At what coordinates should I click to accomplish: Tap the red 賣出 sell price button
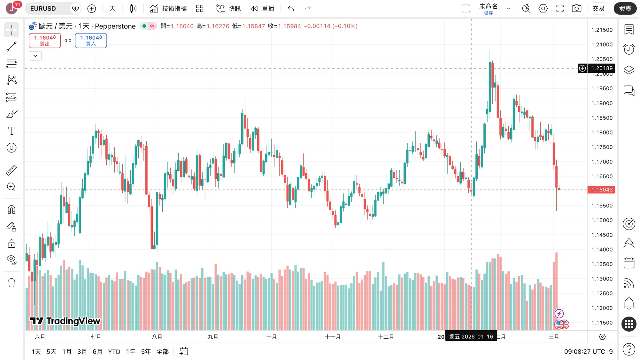point(45,41)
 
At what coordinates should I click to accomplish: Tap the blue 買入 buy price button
point(91,41)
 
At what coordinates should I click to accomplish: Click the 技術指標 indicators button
point(168,9)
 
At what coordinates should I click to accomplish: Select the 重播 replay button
point(263,9)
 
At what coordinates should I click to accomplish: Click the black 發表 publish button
point(625,9)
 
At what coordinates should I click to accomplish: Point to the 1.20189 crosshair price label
point(602,68)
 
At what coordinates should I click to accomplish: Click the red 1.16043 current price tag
point(602,190)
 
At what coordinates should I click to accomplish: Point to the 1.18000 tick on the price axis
point(602,132)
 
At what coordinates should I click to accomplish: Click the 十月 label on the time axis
point(271,337)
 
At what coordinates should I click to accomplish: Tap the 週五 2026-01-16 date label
point(471,337)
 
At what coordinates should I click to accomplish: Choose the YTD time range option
point(114,352)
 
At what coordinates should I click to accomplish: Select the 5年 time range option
point(146,352)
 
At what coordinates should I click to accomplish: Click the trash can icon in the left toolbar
point(12,283)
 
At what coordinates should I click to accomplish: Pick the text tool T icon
point(12,131)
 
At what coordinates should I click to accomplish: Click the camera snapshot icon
point(576,9)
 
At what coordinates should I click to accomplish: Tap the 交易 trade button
point(598,9)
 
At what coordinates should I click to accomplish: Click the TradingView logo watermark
point(65,321)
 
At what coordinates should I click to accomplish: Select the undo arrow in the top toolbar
point(291,9)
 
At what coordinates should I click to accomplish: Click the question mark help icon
point(629,349)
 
